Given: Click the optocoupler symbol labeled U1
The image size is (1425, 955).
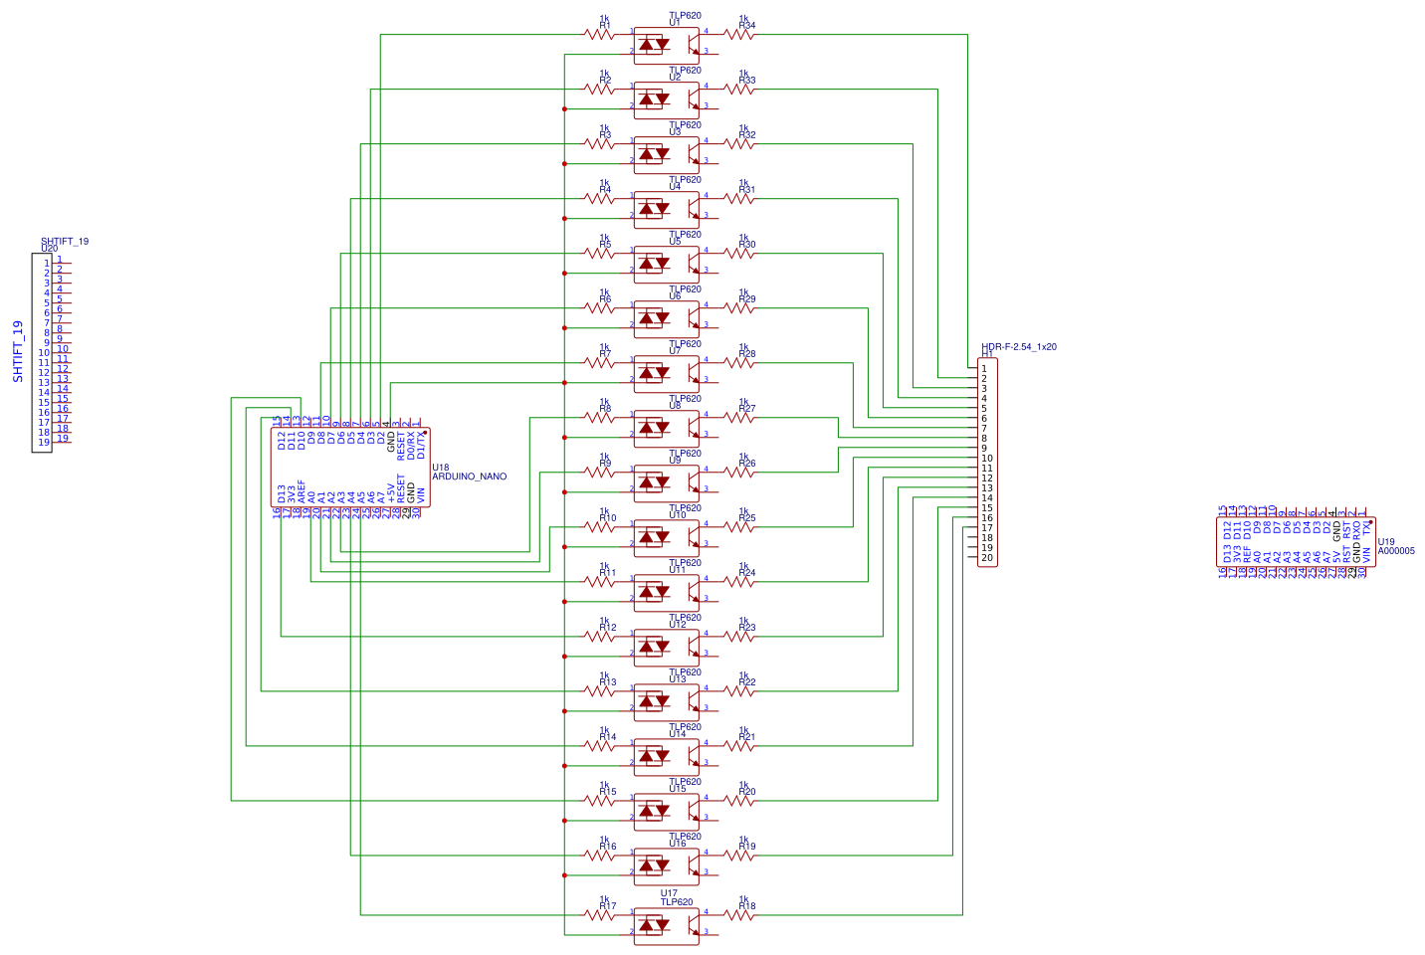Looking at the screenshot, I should (667, 44).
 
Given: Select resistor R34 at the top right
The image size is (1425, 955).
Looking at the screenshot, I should (739, 35).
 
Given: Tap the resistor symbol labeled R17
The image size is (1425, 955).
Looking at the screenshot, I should (600, 915).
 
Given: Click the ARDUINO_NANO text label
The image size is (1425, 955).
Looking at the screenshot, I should (469, 477).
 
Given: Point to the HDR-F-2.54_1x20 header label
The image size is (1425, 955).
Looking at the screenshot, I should (1019, 347).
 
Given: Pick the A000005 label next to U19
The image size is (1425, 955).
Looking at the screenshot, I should (1396, 550).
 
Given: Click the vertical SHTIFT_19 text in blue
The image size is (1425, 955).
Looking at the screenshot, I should (18, 351).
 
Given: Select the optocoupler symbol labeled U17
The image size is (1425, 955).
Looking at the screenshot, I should (667, 925).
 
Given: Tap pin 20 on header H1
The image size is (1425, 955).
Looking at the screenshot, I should (986, 558).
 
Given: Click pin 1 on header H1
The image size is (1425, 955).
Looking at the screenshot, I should (984, 369).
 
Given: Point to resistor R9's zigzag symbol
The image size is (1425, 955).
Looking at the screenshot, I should (600, 473).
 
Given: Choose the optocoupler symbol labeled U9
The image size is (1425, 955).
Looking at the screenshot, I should (667, 482).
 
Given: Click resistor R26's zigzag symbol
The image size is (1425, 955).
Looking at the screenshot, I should (739, 473).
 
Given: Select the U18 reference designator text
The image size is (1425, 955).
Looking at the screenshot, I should (441, 468).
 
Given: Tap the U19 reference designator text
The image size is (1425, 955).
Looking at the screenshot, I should (1386, 542).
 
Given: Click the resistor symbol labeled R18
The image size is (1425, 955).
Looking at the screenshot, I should (739, 915).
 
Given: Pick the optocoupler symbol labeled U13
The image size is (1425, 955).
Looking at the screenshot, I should (667, 701).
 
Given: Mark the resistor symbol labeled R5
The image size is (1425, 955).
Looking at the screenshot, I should (600, 254).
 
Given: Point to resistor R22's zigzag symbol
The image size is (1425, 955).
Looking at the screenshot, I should (739, 691).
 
